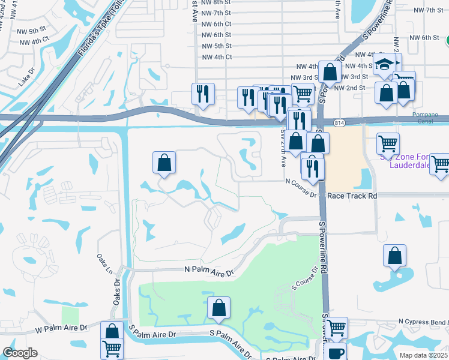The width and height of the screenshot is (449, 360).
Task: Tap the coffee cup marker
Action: [x=336, y=353]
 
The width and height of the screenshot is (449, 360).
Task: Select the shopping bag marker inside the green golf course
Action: [x=219, y=308]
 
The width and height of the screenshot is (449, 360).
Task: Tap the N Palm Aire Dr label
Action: [x=208, y=273]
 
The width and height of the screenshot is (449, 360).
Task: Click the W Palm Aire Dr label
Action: [x=61, y=328]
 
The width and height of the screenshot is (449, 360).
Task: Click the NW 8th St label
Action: [x=217, y=2]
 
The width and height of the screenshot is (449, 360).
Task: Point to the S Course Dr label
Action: [x=303, y=284]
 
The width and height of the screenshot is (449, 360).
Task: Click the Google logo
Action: [x=20, y=353]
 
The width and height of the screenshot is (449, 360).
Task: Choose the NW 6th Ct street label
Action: [x=217, y=24]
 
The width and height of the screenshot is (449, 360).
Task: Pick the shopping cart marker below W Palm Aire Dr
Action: [x=112, y=349]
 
